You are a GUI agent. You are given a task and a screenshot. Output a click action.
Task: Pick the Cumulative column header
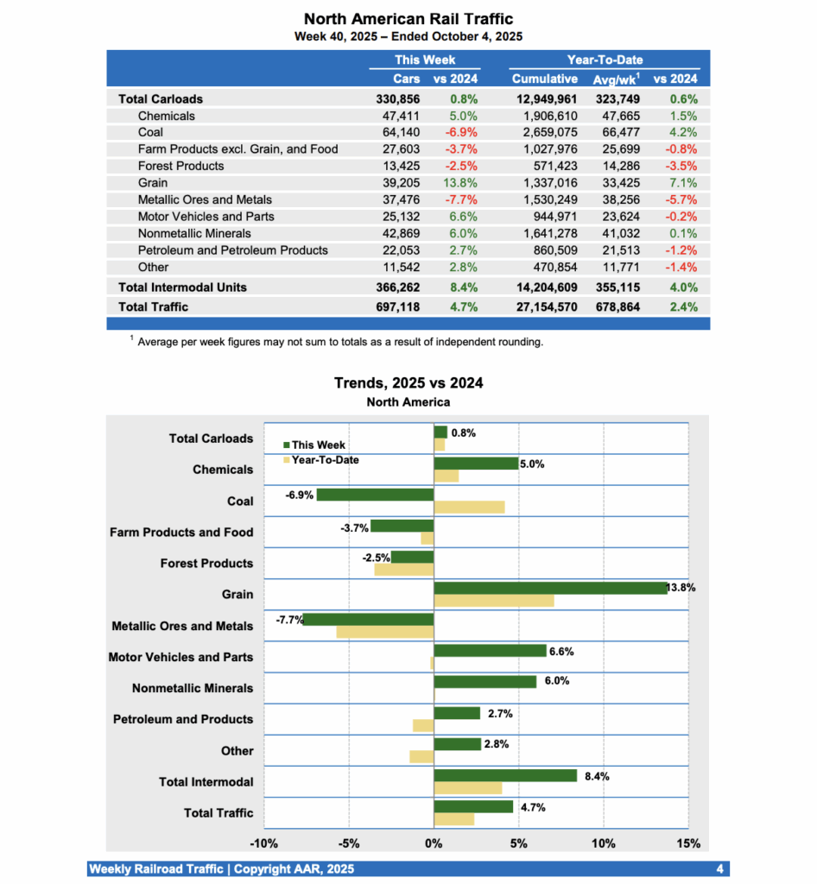tap(544, 79)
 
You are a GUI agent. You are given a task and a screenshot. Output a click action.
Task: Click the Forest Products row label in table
tap(180, 166)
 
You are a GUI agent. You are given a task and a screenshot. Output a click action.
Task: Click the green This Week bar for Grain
tap(550, 588)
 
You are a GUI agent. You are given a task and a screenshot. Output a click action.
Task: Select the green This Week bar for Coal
tap(375, 495)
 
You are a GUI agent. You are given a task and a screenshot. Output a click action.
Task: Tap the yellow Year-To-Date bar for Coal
tap(469, 508)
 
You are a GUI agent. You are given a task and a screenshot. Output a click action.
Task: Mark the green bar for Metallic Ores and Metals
tap(369, 619)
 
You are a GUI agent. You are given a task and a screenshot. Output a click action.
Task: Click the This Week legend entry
tap(314, 445)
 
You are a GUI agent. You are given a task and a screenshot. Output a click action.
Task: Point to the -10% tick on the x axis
tap(263, 843)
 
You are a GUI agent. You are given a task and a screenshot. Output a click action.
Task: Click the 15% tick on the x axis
tap(687, 843)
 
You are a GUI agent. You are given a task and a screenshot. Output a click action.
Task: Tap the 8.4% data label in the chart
tap(597, 776)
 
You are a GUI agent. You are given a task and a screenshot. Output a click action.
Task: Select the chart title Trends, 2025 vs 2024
tap(408, 383)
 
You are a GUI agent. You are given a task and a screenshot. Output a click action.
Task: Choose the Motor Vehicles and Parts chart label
tap(180, 657)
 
